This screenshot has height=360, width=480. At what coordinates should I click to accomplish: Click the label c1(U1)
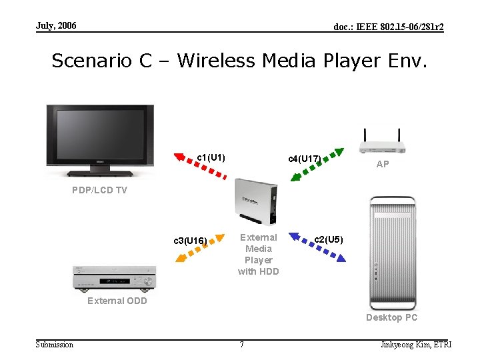[x=211, y=158]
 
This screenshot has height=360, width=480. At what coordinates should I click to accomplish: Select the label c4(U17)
[x=305, y=159]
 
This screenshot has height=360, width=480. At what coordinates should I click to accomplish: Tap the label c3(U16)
[x=191, y=240]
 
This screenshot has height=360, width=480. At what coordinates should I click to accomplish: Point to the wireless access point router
[x=381, y=143]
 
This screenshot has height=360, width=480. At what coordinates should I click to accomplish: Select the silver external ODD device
[x=113, y=279]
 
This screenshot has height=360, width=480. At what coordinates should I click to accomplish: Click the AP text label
[x=383, y=164]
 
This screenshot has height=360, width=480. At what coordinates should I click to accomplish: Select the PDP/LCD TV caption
[x=99, y=190]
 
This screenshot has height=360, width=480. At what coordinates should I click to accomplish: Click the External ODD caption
[x=117, y=301]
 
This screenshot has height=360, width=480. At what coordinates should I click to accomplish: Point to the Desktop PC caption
[x=391, y=317]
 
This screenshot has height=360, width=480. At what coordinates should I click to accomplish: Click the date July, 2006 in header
[x=56, y=26]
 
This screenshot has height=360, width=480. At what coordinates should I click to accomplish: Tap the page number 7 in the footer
[x=241, y=345]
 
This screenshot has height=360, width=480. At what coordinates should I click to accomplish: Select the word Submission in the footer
[x=55, y=345]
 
